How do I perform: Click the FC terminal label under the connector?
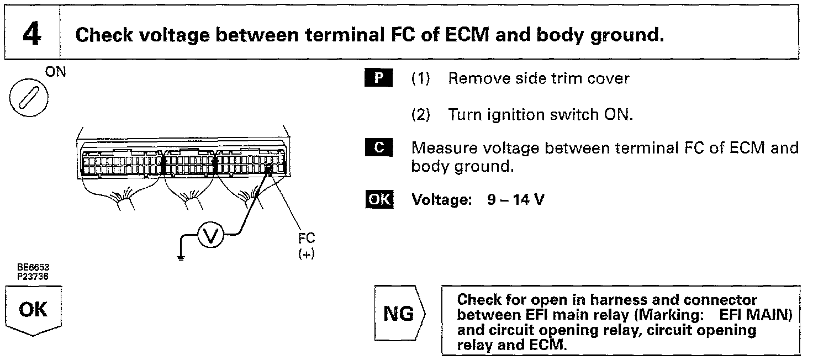(x=306, y=239)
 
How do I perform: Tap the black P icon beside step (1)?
(x=378, y=78)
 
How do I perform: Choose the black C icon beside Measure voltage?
(x=378, y=148)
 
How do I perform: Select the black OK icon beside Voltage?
(x=378, y=199)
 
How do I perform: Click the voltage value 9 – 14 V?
(x=515, y=200)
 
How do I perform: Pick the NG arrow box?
(x=399, y=314)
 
